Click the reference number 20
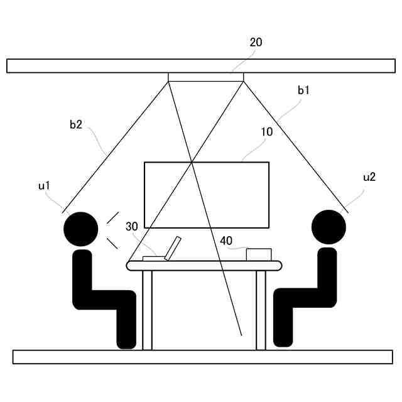coord(256,43)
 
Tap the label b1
coord(304,90)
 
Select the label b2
coord(76,125)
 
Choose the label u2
coord(369,177)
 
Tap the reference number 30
coord(131,226)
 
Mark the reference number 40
coord(226,240)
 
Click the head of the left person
coord(81,229)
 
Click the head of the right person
coord(329,227)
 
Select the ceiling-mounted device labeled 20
coord(205,77)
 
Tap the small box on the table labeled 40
coord(259,254)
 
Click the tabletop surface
coord(204,266)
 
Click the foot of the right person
coord(283,339)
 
